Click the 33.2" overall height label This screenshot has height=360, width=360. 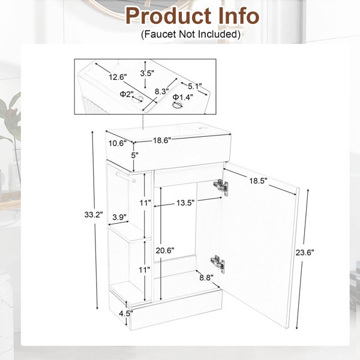coord(94,215)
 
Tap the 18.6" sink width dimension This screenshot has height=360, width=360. coord(163,140)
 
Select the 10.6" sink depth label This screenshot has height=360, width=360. coord(118,143)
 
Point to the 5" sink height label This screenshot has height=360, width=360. coord(135,155)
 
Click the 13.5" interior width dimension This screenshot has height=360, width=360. coord(185,203)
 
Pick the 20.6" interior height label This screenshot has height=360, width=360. coord(165,250)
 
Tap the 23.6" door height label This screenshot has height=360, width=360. coord(305,253)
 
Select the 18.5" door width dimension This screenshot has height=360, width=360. coord(259,181)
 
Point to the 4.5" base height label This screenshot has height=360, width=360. coord(126,313)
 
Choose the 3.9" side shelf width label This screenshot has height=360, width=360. coord(119,217)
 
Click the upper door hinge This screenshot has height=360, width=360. coord(221,187)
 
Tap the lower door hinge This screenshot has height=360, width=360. coord(218,264)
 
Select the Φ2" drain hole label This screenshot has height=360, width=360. coord(127,94)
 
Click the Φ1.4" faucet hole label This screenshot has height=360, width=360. coord(183,97)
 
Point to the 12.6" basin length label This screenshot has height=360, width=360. coord(118,77)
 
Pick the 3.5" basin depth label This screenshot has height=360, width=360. coord(147,73)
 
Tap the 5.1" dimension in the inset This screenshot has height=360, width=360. coord(194,86)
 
